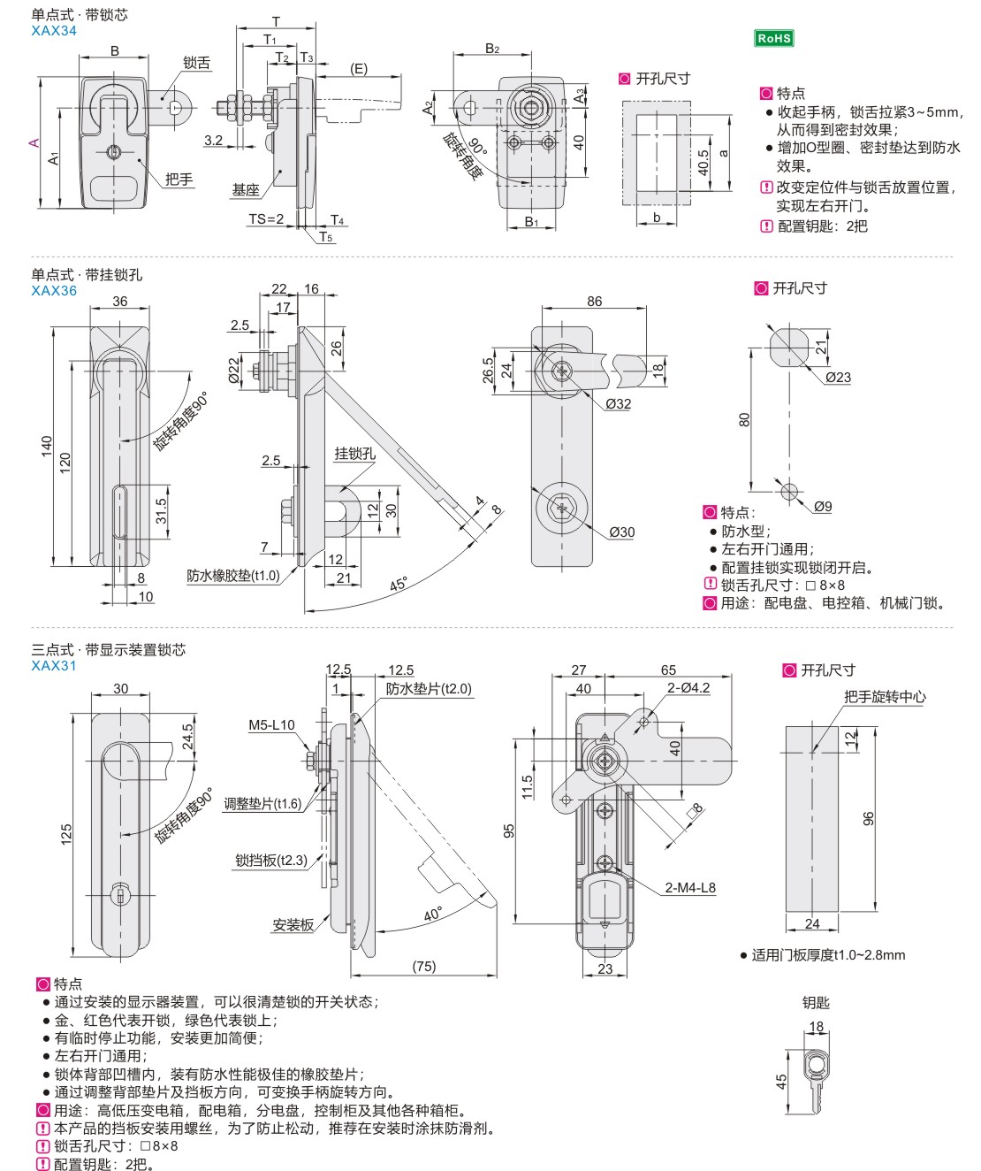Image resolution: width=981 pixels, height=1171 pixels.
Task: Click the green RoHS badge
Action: click(x=773, y=38)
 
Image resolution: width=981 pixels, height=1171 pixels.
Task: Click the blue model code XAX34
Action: click(x=54, y=30)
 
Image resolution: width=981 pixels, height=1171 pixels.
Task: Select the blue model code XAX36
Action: click(x=54, y=290)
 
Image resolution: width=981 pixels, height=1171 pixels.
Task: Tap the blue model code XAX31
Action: click(x=54, y=665)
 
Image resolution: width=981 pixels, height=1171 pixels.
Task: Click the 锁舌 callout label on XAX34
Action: click(x=196, y=63)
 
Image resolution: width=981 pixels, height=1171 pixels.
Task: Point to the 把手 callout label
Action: click(x=179, y=179)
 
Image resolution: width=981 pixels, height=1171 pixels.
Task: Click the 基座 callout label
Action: click(x=246, y=189)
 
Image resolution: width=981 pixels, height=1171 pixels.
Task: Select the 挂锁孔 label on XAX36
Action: click(x=354, y=454)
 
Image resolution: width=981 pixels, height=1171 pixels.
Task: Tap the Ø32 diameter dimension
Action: click(x=618, y=403)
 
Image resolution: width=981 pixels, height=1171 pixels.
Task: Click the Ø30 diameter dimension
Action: click(x=621, y=532)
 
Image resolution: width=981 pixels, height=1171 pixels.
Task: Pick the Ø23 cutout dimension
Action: click(x=838, y=377)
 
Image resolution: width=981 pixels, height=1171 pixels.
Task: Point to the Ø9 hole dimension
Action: click(x=822, y=506)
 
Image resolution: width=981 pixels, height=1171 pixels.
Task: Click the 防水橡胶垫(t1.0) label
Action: click(x=232, y=575)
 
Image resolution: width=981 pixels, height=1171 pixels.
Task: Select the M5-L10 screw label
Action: click(x=271, y=725)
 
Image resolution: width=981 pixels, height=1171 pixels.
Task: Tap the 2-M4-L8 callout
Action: click(x=690, y=887)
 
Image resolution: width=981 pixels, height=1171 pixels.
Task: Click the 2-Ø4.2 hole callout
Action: click(x=688, y=687)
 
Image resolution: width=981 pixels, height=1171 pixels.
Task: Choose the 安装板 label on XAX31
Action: click(x=293, y=925)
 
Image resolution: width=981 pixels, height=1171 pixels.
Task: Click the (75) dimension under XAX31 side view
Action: click(x=424, y=966)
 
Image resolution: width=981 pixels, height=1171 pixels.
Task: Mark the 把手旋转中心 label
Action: click(x=885, y=697)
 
